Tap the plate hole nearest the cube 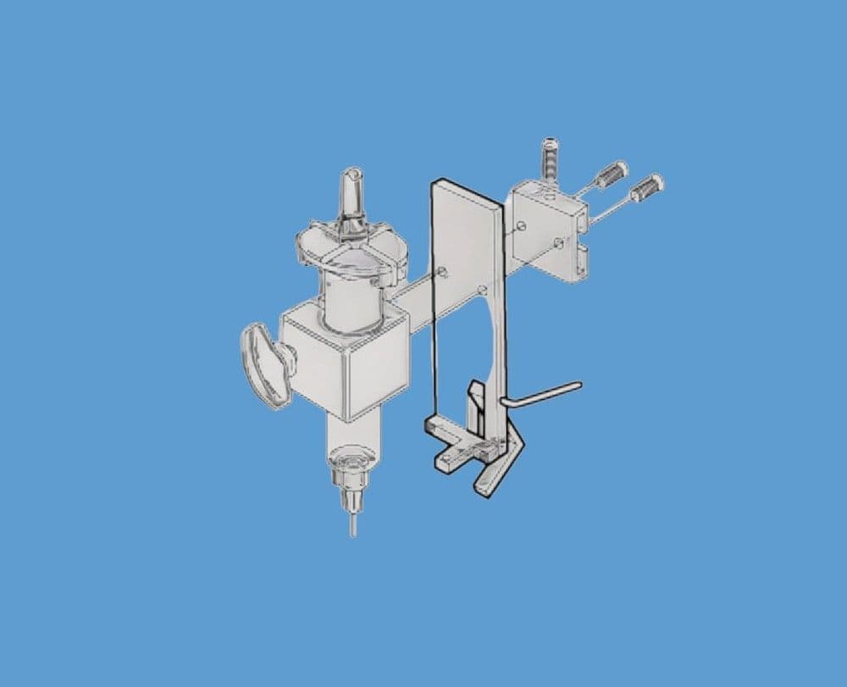(x=443, y=272)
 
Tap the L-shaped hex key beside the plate (x=542, y=392)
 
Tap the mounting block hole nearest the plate (x=523, y=226)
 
